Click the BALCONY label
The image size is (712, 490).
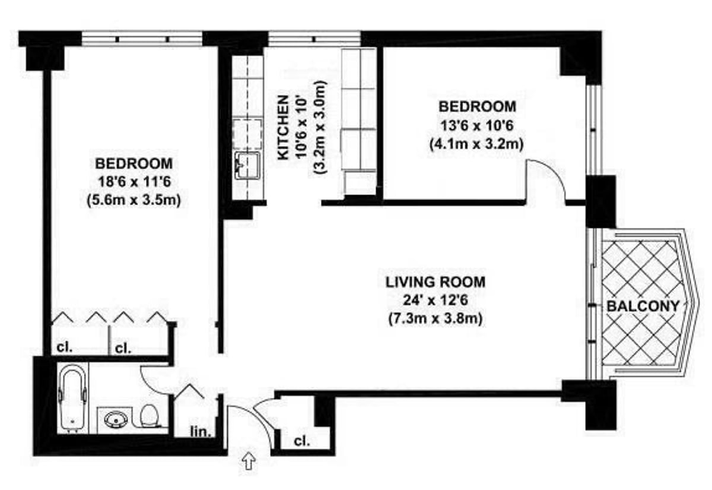coord(643,307)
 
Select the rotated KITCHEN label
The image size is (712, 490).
coord(284,127)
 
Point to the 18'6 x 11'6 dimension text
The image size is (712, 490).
coord(133,182)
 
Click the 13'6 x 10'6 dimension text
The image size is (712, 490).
coord(477,126)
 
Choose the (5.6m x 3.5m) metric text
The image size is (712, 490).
coord(133,201)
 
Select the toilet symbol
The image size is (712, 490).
coord(150,416)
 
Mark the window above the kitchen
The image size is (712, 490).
coord(313,39)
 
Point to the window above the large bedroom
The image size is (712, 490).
coord(142,39)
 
